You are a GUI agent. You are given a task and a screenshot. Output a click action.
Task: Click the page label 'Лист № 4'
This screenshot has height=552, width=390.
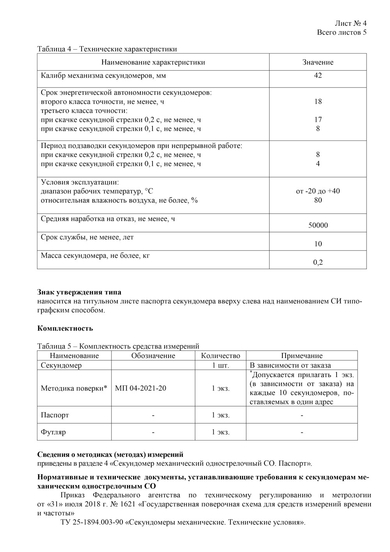tap(350, 23)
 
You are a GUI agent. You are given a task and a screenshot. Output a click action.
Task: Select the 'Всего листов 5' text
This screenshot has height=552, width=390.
tap(342, 32)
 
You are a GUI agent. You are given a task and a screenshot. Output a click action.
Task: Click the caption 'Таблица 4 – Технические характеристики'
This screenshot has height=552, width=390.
tap(107, 49)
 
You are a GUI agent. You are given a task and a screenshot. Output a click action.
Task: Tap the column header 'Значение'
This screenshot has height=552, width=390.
tap(318, 62)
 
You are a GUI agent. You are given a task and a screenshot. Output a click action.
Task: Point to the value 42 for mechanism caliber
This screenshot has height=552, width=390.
tap(318, 76)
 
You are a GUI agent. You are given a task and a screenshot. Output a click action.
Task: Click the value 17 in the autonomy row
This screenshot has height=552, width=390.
tap(318, 120)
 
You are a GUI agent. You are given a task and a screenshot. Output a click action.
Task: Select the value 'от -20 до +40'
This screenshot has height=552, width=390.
tap(318, 191)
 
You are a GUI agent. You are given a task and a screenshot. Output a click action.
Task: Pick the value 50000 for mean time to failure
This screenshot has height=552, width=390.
tap(318, 225)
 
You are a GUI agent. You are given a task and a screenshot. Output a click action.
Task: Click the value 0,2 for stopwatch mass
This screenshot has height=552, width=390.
tap(318, 262)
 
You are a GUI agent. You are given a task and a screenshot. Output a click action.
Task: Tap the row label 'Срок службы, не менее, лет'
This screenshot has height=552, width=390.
tap(87, 237)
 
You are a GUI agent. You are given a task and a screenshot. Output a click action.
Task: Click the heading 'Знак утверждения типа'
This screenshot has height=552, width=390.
tap(79, 292)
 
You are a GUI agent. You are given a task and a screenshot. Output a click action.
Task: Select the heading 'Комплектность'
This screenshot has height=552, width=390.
tap(65, 328)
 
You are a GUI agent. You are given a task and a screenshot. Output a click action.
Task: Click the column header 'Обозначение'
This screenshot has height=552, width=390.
tap(153, 356)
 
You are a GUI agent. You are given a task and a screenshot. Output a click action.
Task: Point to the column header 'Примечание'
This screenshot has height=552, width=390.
tap(302, 356)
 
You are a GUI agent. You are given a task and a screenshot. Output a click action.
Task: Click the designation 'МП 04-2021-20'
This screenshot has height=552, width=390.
tap(141, 388)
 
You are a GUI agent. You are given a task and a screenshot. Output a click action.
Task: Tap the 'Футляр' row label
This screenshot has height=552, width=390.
tap(53, 433)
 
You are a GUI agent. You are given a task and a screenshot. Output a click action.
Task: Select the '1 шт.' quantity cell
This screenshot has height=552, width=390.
tap(221, 365)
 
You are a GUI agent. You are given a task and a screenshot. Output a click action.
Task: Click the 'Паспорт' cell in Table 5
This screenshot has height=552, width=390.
tap(55, 415)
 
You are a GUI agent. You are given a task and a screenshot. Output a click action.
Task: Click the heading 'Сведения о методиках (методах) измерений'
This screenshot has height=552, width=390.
tap(110, 455)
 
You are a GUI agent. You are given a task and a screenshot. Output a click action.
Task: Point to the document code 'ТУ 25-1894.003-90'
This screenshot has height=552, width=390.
tap(92, 522)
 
